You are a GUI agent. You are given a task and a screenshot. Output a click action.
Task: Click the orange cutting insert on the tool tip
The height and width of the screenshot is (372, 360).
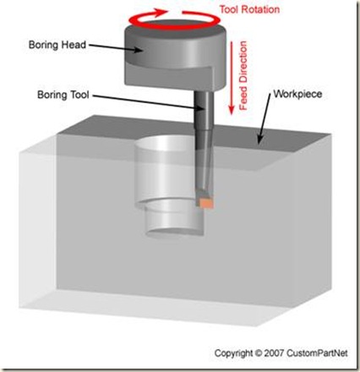206,203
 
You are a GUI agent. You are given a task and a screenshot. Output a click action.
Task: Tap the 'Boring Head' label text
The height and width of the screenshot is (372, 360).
57,45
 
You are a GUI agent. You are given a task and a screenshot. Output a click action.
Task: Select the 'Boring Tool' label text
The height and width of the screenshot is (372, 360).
63,95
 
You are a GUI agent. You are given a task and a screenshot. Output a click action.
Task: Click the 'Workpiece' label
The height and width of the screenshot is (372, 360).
297,94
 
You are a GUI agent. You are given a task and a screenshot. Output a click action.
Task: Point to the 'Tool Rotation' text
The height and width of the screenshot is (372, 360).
249,9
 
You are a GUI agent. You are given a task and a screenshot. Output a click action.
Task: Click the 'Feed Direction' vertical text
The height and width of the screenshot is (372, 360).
243,76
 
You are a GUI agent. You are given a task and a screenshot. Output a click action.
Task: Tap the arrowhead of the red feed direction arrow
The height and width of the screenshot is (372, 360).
232,110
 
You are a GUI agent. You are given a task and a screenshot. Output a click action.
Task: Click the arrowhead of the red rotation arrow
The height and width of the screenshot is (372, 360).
161,12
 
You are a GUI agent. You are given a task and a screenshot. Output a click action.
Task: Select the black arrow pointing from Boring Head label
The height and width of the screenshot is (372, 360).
117,47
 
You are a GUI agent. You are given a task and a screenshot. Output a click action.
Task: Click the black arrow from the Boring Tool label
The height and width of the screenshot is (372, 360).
148,102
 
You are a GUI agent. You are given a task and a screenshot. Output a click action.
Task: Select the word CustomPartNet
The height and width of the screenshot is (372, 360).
317,353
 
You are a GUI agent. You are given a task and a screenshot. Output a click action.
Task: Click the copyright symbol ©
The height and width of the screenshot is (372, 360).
258,353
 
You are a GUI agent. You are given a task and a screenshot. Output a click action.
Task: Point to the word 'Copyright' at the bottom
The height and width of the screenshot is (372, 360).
233,353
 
